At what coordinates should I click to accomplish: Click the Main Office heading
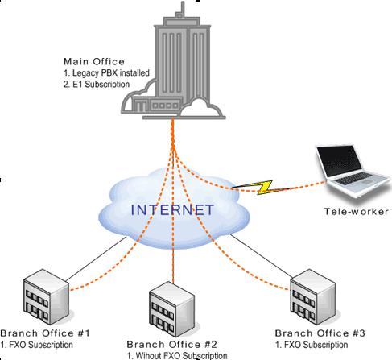tap(94, 62)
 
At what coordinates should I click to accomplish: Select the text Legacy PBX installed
tap(111, 73)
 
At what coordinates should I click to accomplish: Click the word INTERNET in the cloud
tap(172, 209)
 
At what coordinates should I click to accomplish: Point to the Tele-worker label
tap(357, 212)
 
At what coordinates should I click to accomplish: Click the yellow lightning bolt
tap(258, 187)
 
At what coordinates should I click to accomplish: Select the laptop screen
tap(340, 161)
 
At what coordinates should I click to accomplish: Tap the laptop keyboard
tap(354, 178)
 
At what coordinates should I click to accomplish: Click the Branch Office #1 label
tap(45, 333)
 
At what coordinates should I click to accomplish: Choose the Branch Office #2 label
tap(171, 345)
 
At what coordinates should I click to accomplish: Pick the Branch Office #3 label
tap(320, 333)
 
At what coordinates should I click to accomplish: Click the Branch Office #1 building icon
tap(46, 297)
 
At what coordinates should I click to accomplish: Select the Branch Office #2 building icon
tap(171, 309)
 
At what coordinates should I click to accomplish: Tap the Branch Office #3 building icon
tap(313, 297)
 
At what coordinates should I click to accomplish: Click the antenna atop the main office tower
tap(183, 9)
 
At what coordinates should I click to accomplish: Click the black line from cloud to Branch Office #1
tap(96, 259)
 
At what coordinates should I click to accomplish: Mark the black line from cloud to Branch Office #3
tap(262, 256)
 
